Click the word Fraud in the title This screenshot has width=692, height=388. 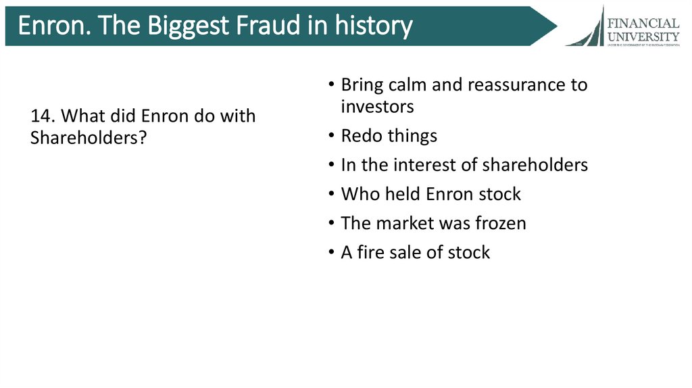253,26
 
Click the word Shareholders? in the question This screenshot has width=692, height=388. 89,137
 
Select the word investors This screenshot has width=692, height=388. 377,107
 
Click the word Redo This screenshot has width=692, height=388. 362,136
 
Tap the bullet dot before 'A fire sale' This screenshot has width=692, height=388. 331,253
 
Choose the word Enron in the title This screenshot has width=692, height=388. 49,26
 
